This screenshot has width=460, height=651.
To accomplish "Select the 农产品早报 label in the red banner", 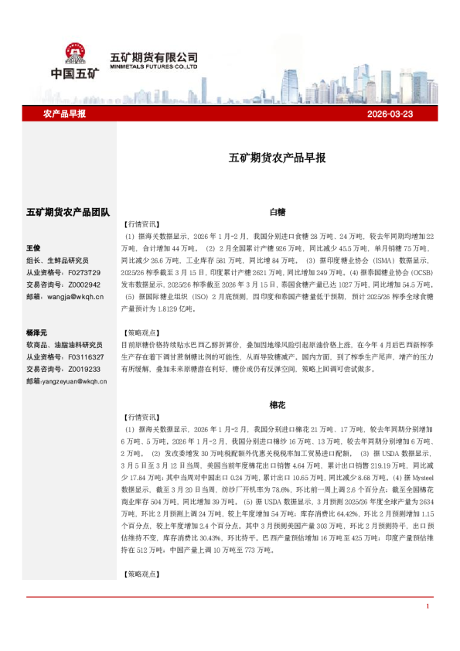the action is (x=64, y=114).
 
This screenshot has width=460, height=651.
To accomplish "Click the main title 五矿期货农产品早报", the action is (x=277, y=158).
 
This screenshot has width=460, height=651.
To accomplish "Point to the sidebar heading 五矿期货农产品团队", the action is (x=68, y=211).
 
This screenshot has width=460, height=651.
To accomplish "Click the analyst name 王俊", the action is (x=33, y=248).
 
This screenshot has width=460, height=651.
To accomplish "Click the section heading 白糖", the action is (x=277, y=211).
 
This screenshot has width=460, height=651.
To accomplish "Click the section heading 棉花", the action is (x=277, y=404).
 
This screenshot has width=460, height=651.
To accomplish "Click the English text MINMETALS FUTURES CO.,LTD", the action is (x=154, y=67).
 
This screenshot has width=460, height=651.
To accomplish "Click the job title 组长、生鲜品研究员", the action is (x=58, y=261).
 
